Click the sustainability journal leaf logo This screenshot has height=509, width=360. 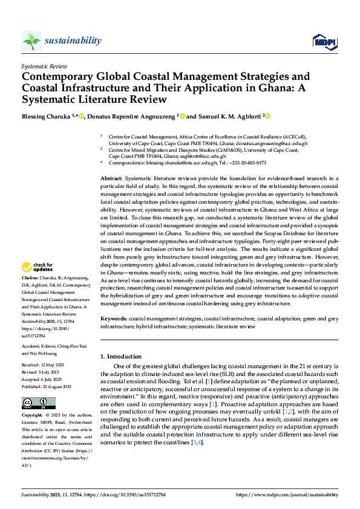point(32,41)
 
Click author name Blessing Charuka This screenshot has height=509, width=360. point(46,116)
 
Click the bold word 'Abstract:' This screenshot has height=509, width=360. point(111,179)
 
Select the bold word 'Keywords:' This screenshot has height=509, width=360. point(113,319)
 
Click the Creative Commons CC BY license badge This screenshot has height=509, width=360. point(38,403)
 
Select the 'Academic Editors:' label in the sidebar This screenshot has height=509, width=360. point(39,346)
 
